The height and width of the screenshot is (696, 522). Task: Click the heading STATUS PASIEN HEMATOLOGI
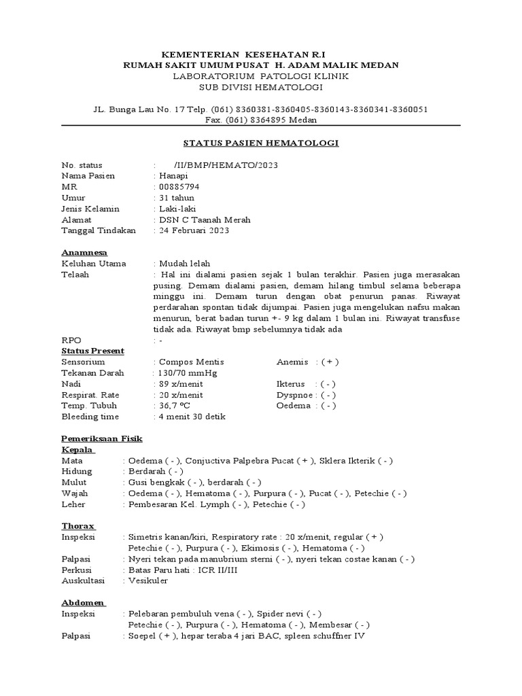[261, 143]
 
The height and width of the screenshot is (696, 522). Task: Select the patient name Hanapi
[173, 175]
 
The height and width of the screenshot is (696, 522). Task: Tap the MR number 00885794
[179, 186]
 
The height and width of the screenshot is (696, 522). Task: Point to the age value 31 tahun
[176, 197]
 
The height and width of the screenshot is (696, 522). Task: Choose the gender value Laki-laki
[177, 208]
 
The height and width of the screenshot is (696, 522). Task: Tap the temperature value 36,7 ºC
[177, 405]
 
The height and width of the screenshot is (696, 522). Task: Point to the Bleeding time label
[90, 416]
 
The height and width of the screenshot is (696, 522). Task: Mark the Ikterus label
[291, 383]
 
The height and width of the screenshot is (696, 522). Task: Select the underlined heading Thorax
[78, 525]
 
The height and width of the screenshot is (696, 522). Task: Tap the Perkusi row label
[76, 570]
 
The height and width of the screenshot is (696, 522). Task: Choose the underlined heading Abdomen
[83, 603]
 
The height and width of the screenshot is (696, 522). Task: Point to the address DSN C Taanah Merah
[205, 219]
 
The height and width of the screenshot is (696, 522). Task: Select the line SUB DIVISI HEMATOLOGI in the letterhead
[261, 87]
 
